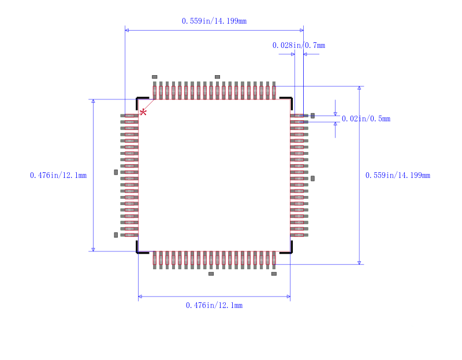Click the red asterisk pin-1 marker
[x=143, y=112]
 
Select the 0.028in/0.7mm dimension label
[x=299, y=45]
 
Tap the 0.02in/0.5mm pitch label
[x=366, y=119]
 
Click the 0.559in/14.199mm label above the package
[x=214, y=21]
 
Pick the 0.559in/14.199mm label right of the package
[x=398, y=176]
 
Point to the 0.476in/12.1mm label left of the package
[x=58, y=175]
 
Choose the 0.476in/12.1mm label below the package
[x=214, y=305]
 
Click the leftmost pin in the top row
[x=155, y=90]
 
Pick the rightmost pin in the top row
[x=274, y=90]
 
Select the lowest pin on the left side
[x=129, y=235]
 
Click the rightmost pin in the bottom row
[x=274, y=259]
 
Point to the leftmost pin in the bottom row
[x=155, y=259]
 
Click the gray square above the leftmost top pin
[x=154, y=77]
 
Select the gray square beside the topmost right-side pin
[x=313, y=116]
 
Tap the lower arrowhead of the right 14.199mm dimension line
[x=359, y=262]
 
